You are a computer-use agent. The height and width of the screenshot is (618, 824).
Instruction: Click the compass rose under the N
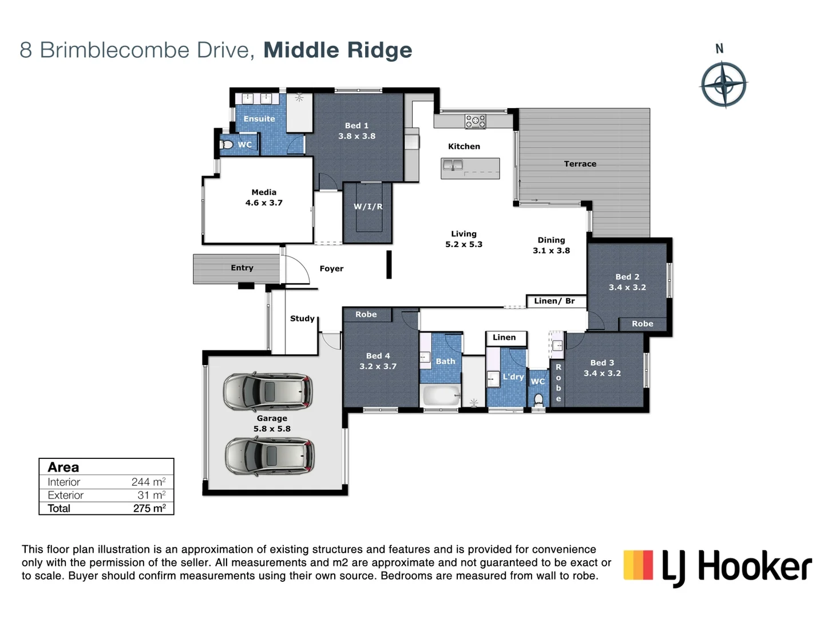coord(723,85)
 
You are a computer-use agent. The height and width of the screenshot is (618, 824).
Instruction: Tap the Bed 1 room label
coord(356,125)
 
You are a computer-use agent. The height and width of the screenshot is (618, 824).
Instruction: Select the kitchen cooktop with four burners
coord(476,121)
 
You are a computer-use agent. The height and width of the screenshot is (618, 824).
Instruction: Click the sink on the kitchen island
coord(453,166)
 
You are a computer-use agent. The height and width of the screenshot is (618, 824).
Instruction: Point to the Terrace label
coord(580,164)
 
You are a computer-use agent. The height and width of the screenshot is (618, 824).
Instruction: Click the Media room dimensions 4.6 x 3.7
coord(264,203)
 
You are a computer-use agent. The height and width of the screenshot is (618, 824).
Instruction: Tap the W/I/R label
coord(368,207)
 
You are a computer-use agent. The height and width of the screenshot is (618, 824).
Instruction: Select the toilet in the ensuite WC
coord(227,144)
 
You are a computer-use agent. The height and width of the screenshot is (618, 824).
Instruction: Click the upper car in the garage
coord(268,392)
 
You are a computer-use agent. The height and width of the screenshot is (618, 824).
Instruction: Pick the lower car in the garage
coord(270,456)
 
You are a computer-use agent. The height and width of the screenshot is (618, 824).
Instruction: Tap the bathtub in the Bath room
coord(440,395)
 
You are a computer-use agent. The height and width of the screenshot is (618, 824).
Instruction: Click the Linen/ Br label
coord(554,301)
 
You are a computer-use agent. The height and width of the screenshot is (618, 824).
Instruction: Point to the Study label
coord(302,318)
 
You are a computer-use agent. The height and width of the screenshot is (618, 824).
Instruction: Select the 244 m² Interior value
coord(148,482)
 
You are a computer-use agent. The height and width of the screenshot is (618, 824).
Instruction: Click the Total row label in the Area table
coord(59,508)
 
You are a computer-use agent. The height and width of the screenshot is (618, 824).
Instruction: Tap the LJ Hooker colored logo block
coord(638,565)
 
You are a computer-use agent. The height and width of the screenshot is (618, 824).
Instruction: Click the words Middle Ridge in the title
coord(338,50)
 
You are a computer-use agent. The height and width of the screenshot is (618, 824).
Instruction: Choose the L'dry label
coord(513,377)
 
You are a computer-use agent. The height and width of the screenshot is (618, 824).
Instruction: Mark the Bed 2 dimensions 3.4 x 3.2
coord(627,287)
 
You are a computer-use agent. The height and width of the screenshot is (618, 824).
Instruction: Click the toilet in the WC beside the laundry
coord(538,399)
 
